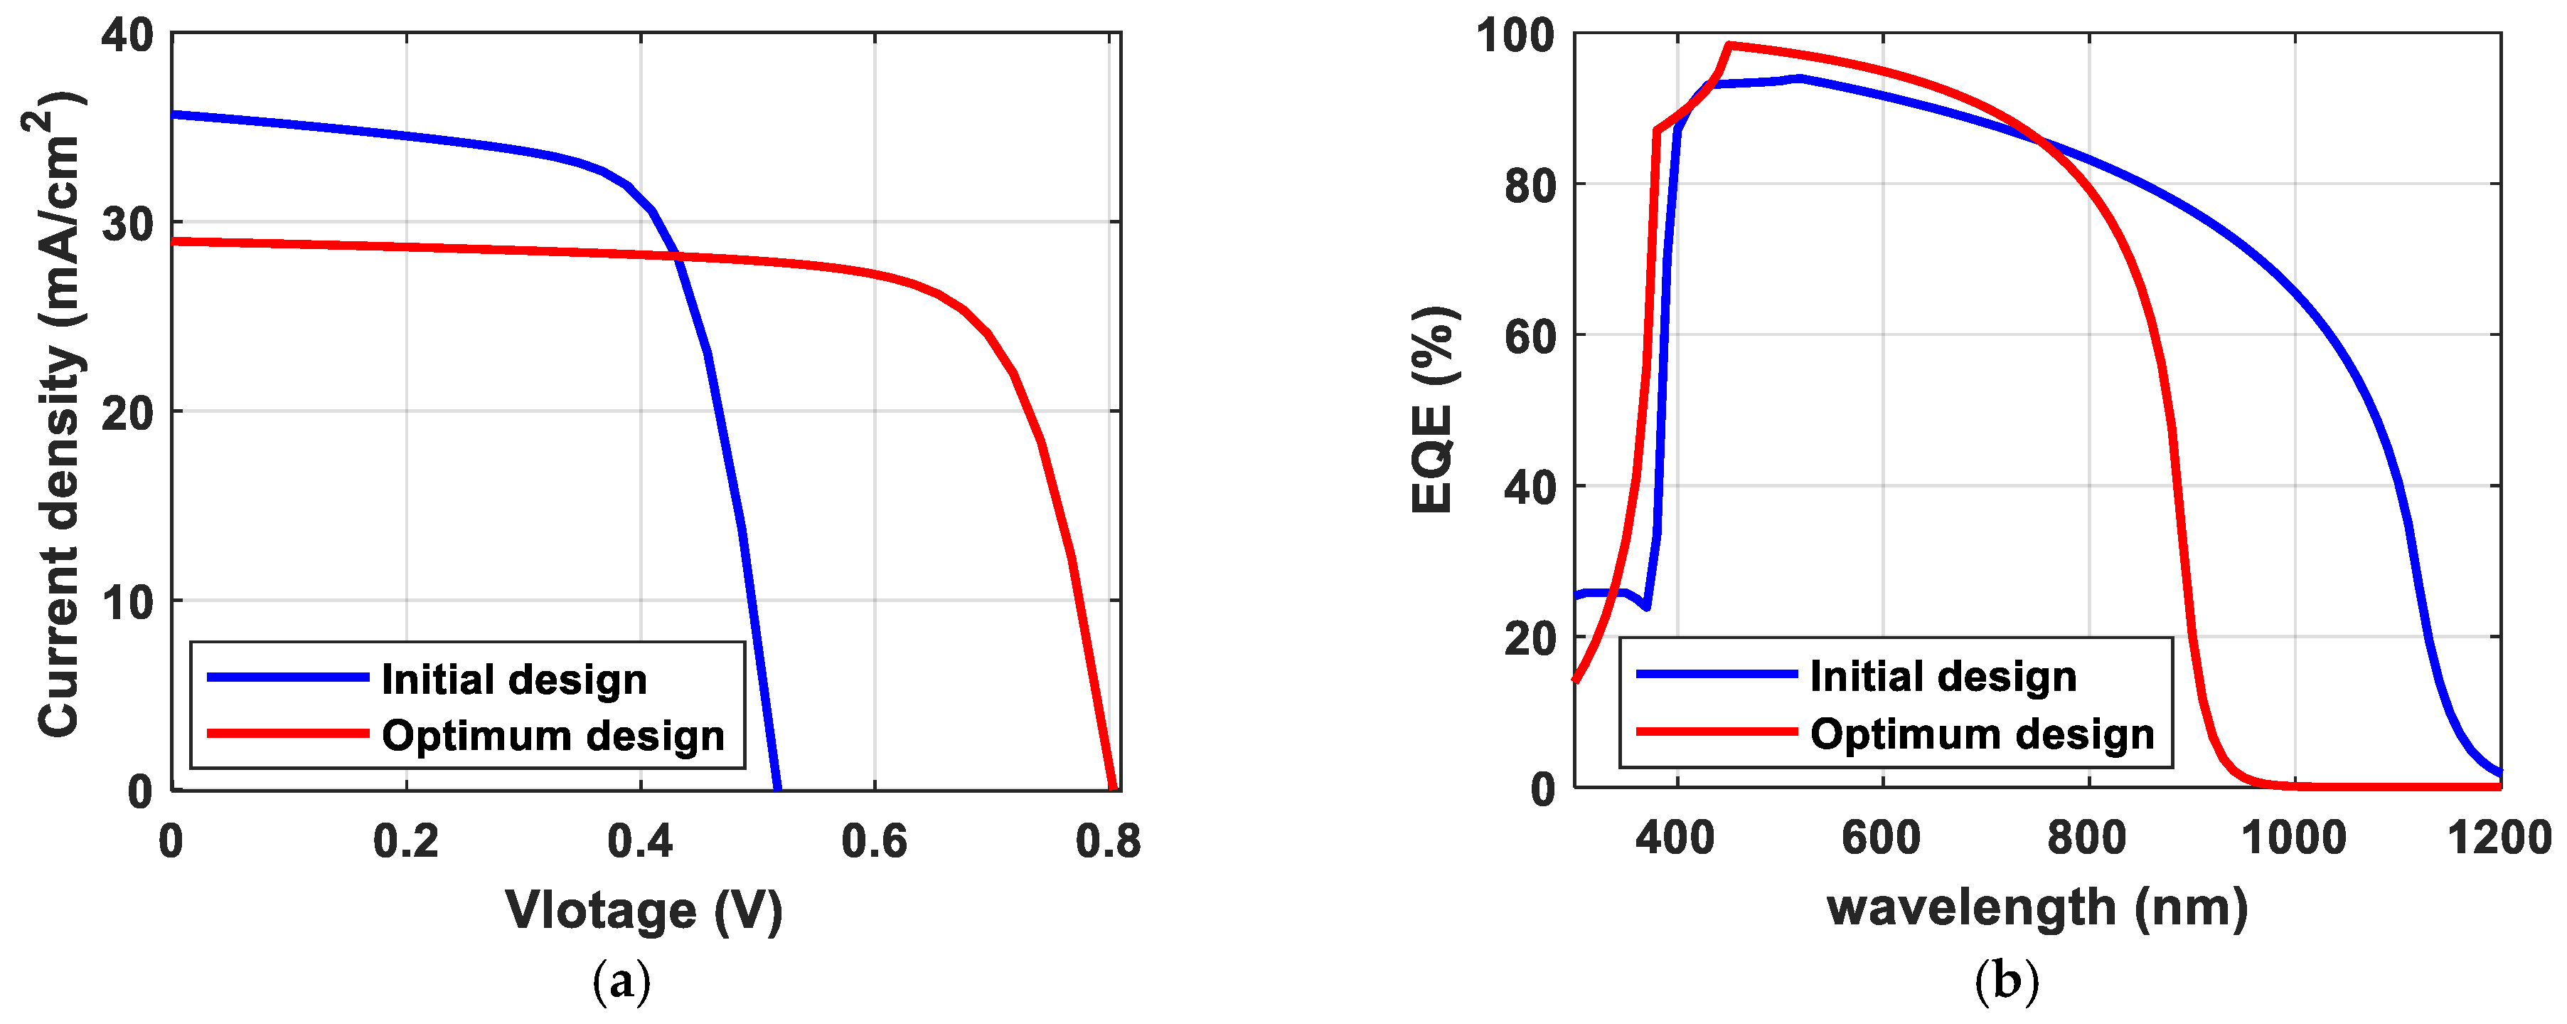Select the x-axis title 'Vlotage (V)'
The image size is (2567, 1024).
[644, 909]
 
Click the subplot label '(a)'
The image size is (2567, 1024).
[621, 982]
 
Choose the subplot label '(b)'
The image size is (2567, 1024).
[2006, 982]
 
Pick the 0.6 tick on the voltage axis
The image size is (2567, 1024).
[874, 843]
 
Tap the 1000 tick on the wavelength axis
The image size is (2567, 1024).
[2294, 838]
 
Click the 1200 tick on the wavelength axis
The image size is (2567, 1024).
[2500, 838]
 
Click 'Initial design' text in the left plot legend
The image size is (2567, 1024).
[514, 680]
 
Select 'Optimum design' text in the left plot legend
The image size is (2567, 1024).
[553, 736]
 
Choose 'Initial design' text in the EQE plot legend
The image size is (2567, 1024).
[1943, 677]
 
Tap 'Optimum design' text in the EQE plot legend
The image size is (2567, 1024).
[1982, 734]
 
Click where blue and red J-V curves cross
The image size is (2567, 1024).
[677, 256]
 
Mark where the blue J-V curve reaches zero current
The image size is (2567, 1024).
[777, 788]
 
